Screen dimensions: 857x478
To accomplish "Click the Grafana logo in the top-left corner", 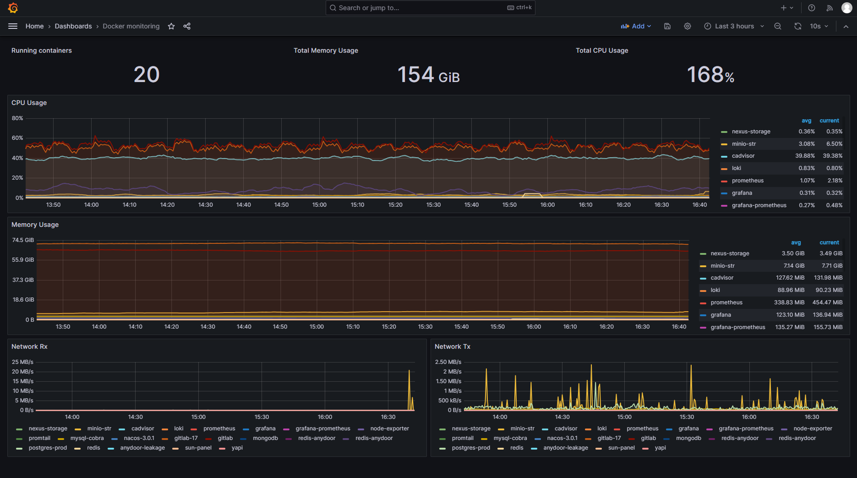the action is [13, 8].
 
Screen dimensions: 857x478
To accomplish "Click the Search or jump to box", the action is [430, 8].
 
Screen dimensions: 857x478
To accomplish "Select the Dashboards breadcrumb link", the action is [73, 26].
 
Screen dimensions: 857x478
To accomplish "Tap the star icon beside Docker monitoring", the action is [171, 26].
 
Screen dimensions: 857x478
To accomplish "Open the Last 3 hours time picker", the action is [734, 26].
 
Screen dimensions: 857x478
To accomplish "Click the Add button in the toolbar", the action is [636, 26].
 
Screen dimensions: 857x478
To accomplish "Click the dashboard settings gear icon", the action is [688, 26].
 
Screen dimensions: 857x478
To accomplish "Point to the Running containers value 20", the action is [147, 74].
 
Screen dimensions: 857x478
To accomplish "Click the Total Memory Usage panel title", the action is [326, 50].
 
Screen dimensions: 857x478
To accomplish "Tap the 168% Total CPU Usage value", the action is [710, 74].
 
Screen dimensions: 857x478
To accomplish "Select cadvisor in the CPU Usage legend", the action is [743, 156].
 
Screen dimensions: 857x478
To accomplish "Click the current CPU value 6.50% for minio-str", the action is [834, 144].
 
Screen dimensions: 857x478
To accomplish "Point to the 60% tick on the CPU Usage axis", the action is [17, 138].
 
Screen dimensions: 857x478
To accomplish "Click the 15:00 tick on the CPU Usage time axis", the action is [319, 205].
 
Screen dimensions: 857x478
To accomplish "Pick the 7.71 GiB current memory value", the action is [832, 266].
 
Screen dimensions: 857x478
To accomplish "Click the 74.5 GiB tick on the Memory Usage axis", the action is [23, 240].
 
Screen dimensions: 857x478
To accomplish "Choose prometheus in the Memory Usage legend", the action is [726, 302].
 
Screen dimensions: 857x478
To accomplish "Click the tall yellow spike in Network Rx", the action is [409, 390].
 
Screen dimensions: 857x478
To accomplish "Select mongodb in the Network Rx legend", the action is [265, 438].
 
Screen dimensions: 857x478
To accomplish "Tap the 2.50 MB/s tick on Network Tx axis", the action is [448, 362].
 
